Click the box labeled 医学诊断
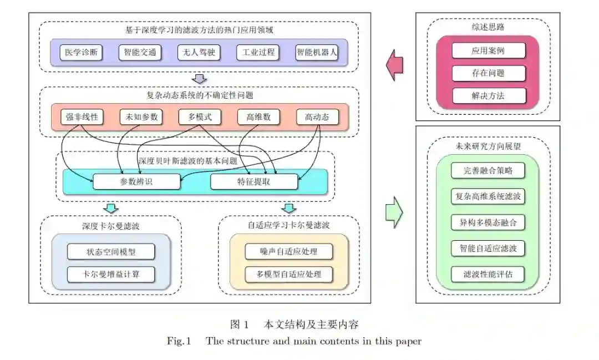tap(82, 53)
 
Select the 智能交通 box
tap(140, 53)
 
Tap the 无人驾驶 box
tap(199, 53)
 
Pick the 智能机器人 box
tap(317, 53)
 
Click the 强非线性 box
tap(82, 117)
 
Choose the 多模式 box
tap(199, 117)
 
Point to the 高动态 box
tap(317, 117)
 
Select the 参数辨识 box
tap(136, 181)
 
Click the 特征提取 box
tap(254, 181)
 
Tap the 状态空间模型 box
tap(111, 251)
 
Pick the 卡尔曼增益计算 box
tap(111, 274)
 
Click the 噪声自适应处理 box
tap(289, 251)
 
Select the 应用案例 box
tap(488, 50)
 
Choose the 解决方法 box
tap(488, 95)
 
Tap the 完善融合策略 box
tap(488, 170)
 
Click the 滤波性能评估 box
tap(488, 274)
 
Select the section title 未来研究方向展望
tap(488, 146)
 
